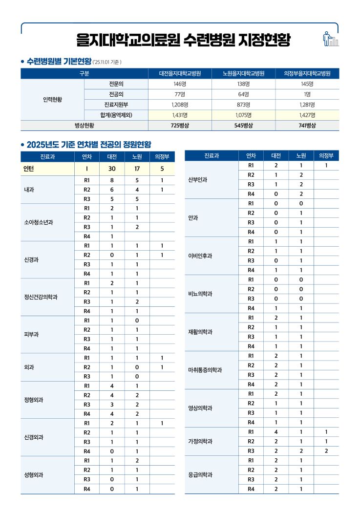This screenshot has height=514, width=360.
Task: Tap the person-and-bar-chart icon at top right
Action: [330, 39]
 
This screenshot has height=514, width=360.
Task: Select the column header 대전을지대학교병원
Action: [180, 74]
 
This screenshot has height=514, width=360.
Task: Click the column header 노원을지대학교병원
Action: [243, 74]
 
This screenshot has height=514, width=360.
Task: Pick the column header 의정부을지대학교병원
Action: [307, 74]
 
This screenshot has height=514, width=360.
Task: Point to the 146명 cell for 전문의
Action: [180, 84]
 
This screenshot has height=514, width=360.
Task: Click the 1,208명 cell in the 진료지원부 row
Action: [180, 105]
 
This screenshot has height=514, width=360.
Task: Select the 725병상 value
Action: [180, 126]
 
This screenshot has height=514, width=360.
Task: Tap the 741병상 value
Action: [307, 126]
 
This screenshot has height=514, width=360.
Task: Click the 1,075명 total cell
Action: [243, 115]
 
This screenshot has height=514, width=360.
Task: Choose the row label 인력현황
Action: [52, 100]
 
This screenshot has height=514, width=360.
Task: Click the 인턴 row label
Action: [29, 169]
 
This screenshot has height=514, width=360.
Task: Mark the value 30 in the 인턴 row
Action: [111, 169]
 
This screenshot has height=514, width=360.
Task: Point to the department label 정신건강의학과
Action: [41, 297]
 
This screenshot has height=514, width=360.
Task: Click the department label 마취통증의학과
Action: [205, 370]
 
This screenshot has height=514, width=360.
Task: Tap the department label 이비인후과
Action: [200, 256]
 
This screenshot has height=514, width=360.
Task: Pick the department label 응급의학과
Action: [200, 474]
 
